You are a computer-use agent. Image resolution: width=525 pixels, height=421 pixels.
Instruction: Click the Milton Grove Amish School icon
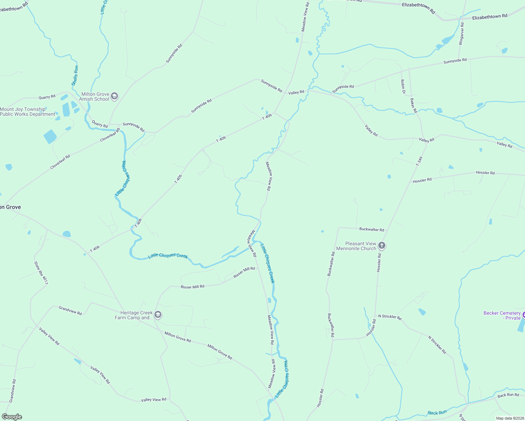[114, 96]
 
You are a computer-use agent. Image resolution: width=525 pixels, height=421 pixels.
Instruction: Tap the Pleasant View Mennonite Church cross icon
[382, 246]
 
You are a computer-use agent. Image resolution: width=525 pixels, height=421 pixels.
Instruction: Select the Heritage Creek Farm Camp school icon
[158, 315]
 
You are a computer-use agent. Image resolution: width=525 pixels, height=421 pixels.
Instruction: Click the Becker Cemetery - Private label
[502, 315]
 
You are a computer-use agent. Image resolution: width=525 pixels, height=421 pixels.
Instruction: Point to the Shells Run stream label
[75, 75]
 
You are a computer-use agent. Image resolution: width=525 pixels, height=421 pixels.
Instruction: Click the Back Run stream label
[437, 413]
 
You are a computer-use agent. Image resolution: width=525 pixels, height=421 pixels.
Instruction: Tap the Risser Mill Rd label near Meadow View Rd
[244, 273]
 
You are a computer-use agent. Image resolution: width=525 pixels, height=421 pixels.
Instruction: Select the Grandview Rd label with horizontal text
[70, 310]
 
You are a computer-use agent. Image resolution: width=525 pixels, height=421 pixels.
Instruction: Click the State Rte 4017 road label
[41, 273]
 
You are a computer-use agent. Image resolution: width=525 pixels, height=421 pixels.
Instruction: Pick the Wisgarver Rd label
[462, 34]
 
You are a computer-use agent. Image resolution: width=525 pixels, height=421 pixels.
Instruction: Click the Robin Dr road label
[403, 87]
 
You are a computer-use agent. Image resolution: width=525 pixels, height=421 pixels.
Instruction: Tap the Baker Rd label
[413, 105]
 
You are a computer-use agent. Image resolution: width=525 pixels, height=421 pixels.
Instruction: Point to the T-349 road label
[419, 161]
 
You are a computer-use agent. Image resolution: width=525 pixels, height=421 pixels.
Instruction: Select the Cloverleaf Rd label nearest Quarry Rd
[110, 135]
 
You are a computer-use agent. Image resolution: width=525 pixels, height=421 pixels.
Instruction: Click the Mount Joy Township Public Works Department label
[27, 112]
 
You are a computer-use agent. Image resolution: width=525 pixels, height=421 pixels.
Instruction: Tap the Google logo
[12, 417]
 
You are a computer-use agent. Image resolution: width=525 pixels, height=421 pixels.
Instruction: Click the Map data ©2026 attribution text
[510, 418]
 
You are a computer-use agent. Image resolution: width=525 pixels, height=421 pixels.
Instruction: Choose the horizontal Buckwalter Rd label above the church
[372, 229]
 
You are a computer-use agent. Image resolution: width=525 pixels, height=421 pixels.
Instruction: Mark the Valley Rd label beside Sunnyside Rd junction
[296, 93]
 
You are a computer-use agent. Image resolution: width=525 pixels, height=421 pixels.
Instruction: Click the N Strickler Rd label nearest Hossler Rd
[390, 316]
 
